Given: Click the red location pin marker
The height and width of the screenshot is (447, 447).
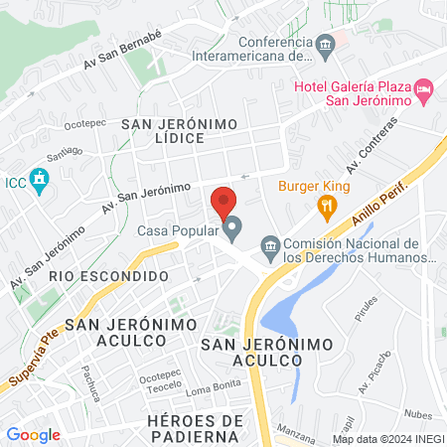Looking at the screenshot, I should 223,202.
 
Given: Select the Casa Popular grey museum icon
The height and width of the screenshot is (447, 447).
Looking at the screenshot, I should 233,231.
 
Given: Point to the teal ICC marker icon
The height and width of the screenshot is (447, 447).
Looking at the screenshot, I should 40,182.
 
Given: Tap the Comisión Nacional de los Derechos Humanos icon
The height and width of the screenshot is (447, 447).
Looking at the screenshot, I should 269,245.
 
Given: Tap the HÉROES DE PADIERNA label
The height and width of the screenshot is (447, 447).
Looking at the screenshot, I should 195,428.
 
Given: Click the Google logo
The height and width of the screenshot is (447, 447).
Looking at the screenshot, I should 33,434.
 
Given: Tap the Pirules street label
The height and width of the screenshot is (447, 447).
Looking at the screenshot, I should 368,310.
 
